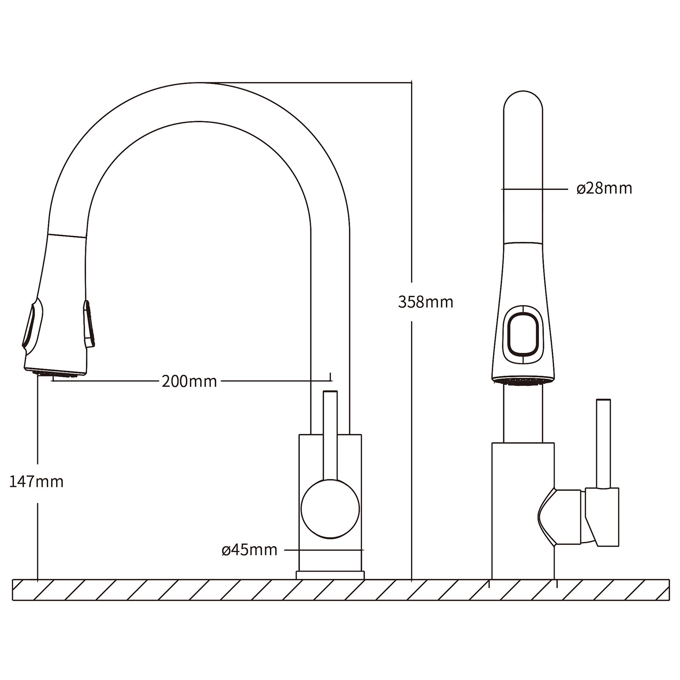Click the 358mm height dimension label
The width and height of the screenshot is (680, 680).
pyautogui.click(x=425, y=302)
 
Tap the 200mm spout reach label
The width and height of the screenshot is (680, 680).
pyautogui.click(x=189, y=381)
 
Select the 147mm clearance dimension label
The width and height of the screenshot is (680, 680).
pyautogui.click(x=37, y=482)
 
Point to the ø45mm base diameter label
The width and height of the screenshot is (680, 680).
pyautogui.click(x=249, y=550)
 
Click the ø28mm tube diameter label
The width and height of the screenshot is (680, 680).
pyautogui.click(x=604, y=188)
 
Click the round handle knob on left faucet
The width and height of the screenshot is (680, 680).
pyautogui.click(x=330, y=509)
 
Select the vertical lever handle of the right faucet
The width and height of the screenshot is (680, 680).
pyautogui.click(x=603, y=442)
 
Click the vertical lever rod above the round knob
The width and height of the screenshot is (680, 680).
pyautogui.click(x=330, y=433)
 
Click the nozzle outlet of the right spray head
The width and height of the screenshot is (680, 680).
pyautogui.click(x=523, y=382)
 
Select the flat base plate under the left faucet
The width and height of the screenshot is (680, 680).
pyautogui.click(x=330, y=575)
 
